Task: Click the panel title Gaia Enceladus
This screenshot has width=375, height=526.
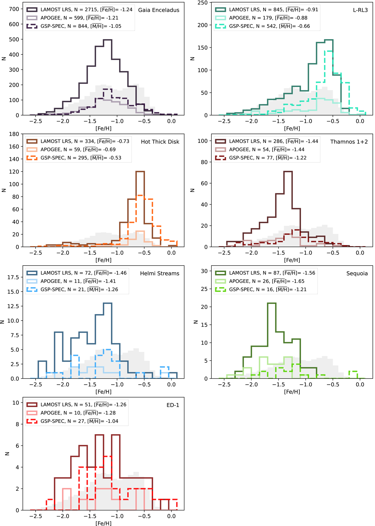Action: coord(159,10)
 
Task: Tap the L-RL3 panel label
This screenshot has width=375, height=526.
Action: coord(360,10)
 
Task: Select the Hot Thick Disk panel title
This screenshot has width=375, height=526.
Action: coord(160,142)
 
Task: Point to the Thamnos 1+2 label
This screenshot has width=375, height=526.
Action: coord(349,142)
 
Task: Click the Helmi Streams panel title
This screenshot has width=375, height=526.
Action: coord(160,273)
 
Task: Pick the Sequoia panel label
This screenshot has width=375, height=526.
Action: coord(357,273)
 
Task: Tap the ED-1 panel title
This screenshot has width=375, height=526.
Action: coord(173,405)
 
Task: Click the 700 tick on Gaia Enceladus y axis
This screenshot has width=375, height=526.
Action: coord(14,9)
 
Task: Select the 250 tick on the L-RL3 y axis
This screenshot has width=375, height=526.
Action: coord(202,2)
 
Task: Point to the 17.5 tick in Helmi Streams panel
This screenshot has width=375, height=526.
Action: coord(13,277)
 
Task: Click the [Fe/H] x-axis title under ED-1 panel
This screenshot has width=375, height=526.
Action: coord(103,523)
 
